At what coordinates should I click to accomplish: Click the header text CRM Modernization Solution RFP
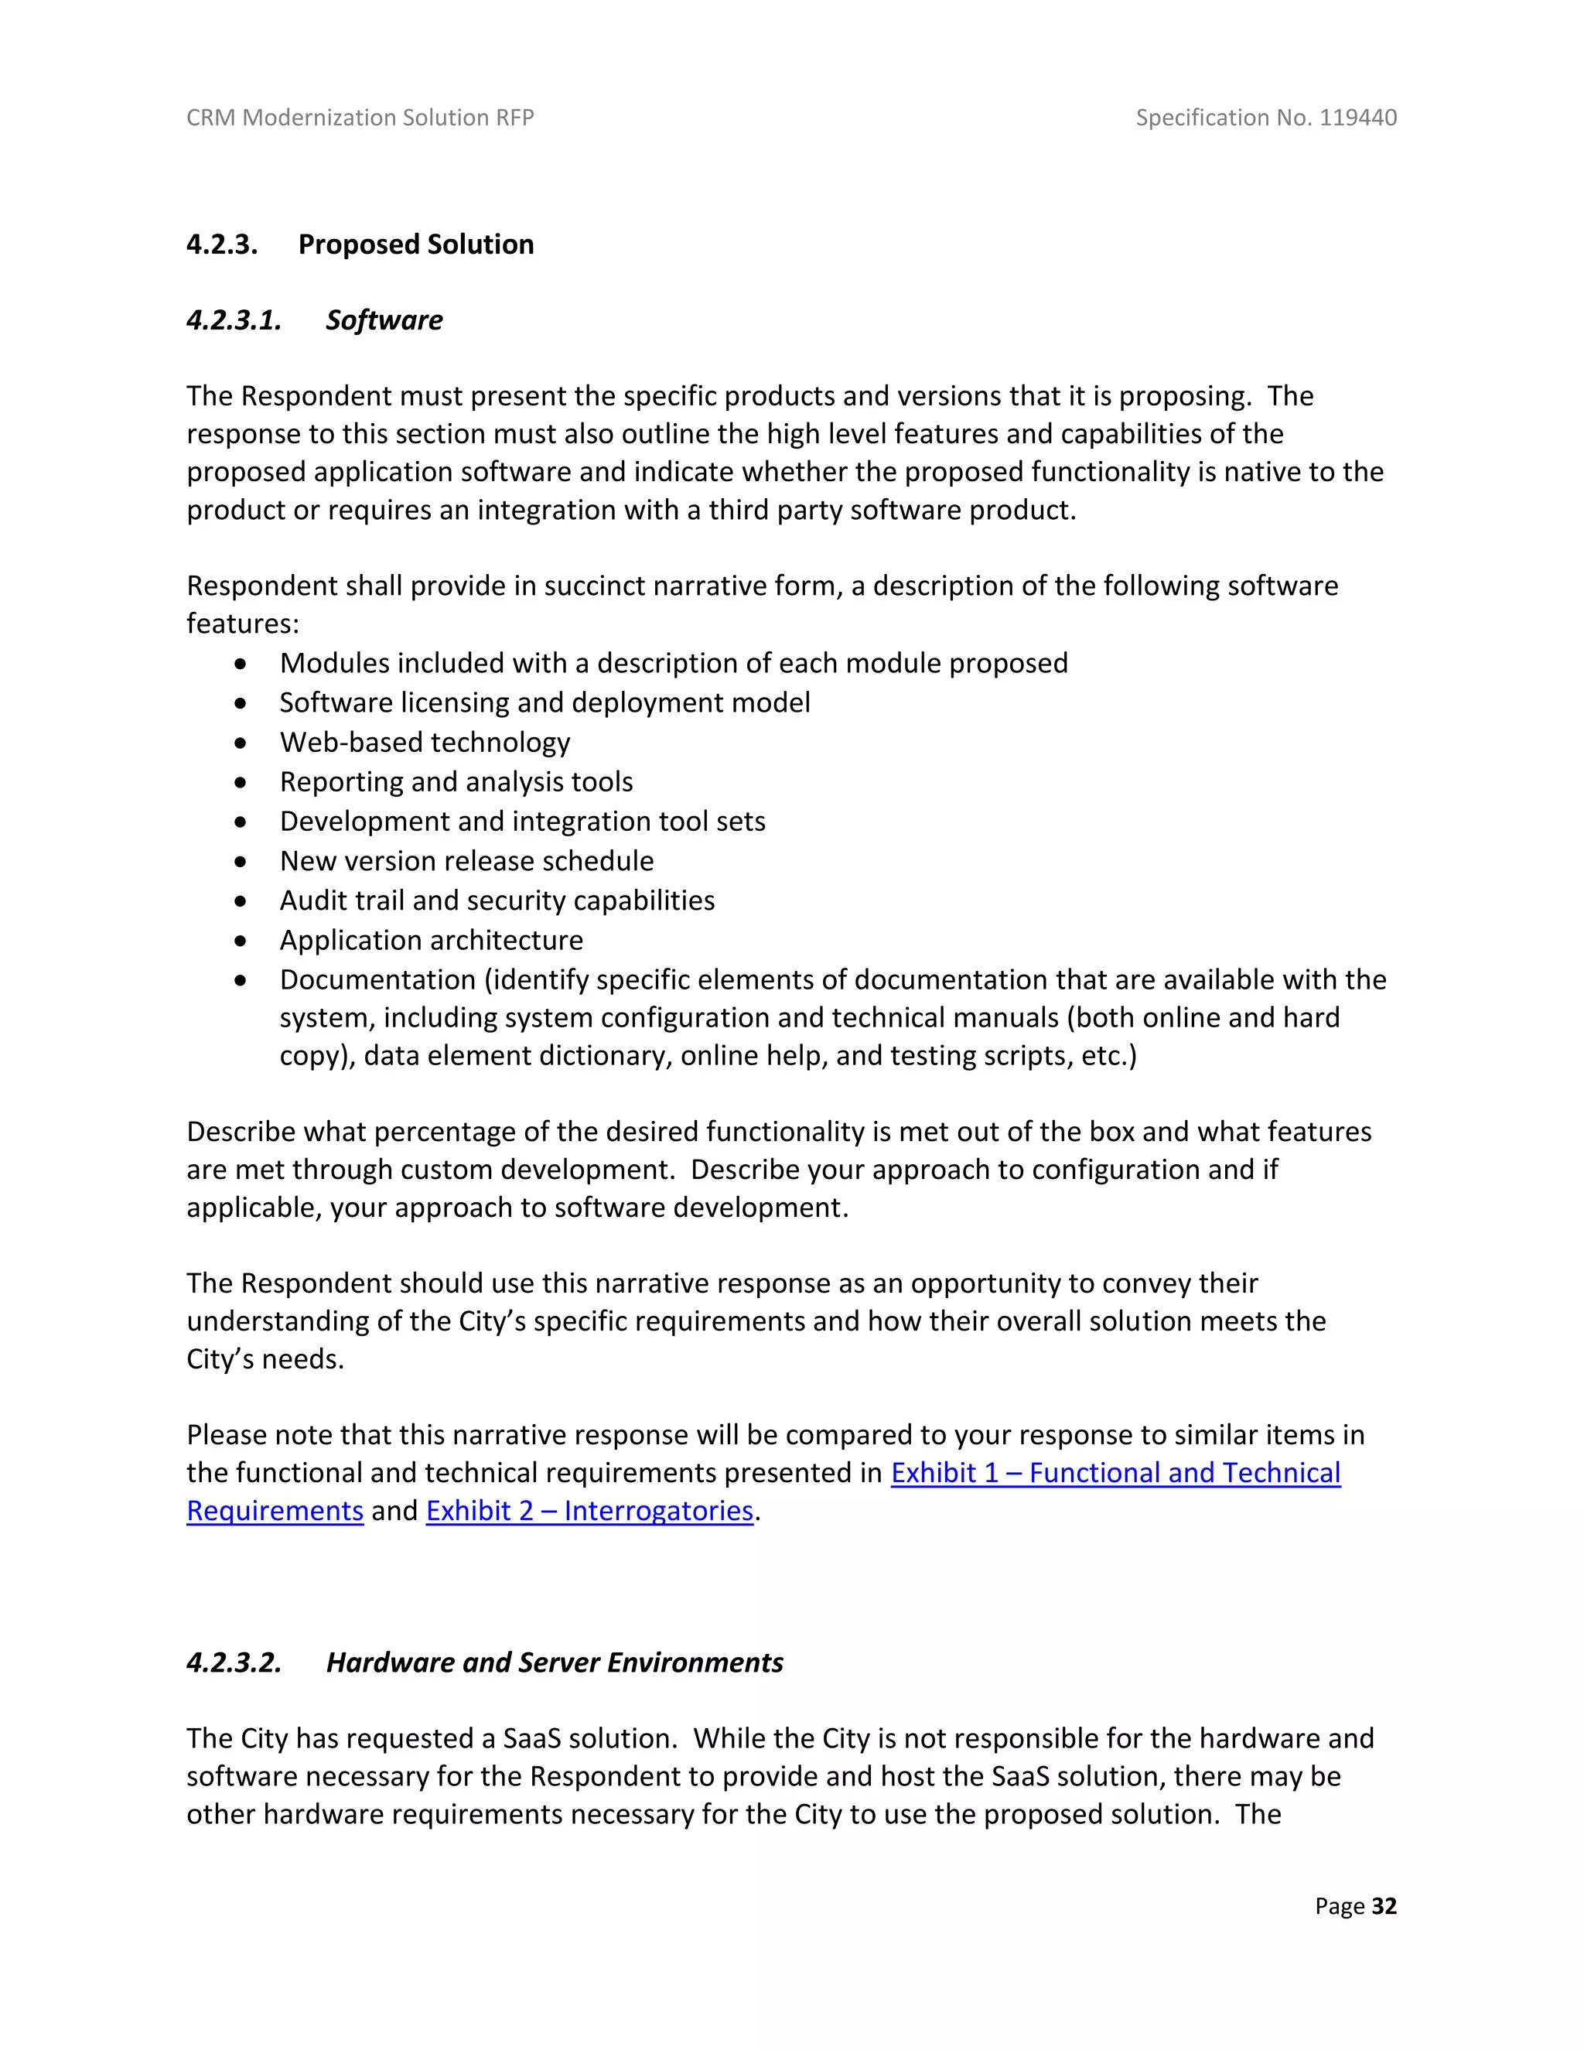pos(360,118)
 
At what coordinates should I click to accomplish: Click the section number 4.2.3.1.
pos(234,320)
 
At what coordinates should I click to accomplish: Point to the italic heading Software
pos(384,320)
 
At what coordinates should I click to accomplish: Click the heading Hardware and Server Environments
pos(554,1662)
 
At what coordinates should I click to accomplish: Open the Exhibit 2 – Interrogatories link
pos(589,1510)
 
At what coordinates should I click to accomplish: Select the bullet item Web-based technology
pos(424,743)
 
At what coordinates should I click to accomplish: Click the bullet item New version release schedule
pos(466,861)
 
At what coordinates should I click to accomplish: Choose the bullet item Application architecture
pos(431,940)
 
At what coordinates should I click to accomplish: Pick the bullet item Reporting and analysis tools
pos(456,782)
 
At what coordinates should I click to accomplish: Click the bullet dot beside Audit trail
pos(241,901)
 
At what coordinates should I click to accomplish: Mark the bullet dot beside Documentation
pos(241,980)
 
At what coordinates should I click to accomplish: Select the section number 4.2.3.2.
pos(234,1662)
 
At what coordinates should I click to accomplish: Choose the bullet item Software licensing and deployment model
pos(544,703)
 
